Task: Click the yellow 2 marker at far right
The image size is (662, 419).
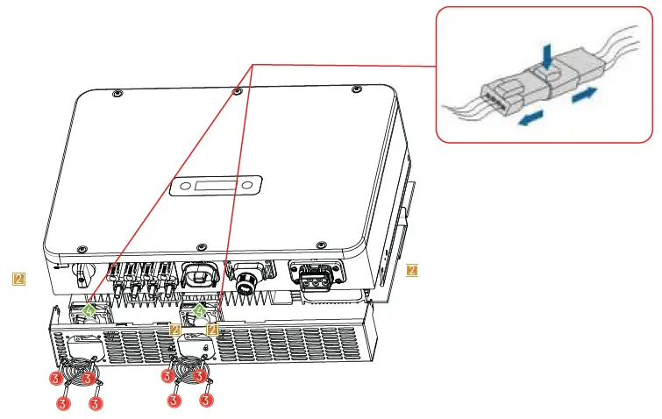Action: click(412, 270)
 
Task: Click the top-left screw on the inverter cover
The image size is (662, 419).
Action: click(116, 92)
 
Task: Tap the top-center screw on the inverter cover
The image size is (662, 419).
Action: click(236, 90)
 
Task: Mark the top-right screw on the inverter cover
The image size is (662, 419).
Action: click(354, 89)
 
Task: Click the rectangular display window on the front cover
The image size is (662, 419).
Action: click(217, 186)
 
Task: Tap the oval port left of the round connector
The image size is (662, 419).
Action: click(200, 272)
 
